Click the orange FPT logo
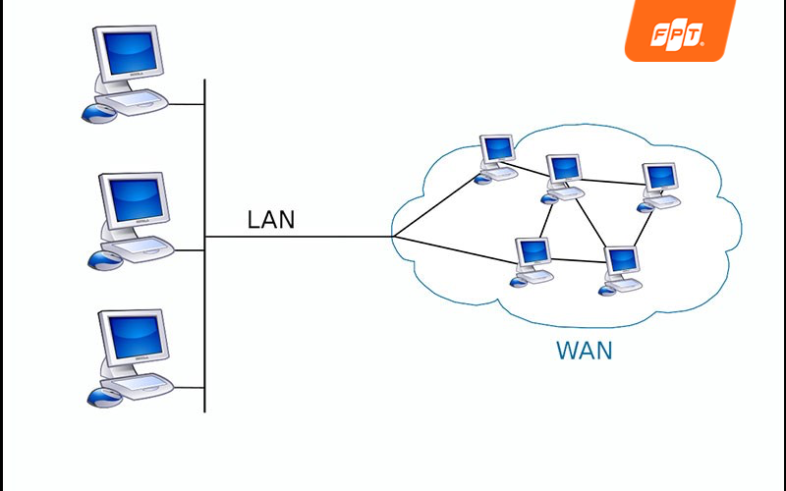pyautogui.click(x=679, y=31)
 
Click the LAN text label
pyautogui.click(x=270, y=219)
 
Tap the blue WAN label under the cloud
pyautogui.click(x=584, y=351)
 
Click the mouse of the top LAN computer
pyautogui.click(x=97, y=112)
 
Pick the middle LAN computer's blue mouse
pyautogui.click(x=104, y=260)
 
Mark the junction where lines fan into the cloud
pyautogui.click(x=393, y=237)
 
